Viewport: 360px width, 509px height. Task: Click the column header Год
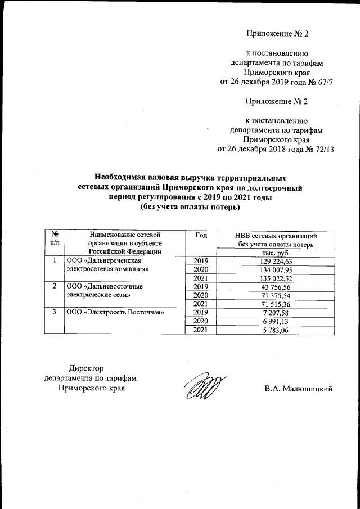pos(200,235)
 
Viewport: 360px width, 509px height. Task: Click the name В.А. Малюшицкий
pos(299,388)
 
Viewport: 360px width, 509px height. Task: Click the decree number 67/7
pos(322,84)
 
